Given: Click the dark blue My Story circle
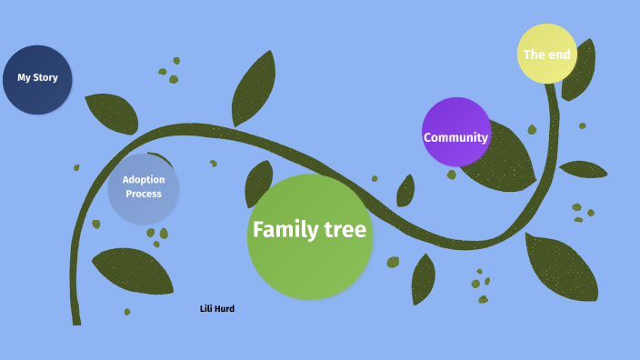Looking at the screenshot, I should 37,79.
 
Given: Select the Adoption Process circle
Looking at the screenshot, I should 143,188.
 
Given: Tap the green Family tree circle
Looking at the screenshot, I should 309,236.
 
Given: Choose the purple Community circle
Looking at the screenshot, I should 456,132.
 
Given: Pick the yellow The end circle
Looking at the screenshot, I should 547,54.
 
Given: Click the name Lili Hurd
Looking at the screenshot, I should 217,309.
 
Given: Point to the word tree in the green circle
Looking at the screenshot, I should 346,230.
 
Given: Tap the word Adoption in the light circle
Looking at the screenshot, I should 144,180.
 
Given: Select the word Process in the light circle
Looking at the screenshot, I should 144,194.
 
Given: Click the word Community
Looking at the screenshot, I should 456,138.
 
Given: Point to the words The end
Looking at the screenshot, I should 547,55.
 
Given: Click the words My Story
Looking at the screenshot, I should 37,77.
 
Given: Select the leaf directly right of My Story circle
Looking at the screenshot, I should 111,112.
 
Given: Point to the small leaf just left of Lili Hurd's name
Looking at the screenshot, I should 127,312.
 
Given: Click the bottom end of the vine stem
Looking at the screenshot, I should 76,320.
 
